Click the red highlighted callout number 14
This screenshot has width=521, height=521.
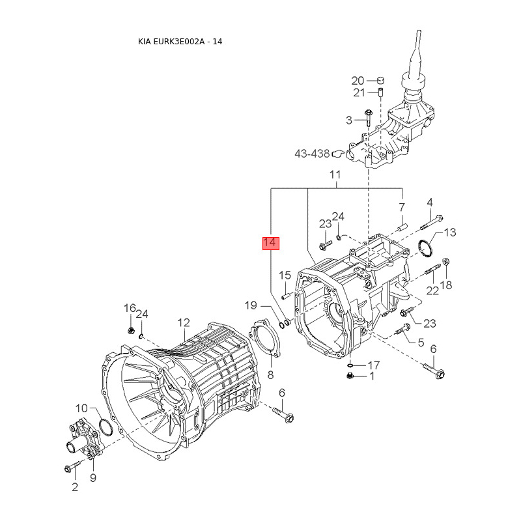(x=271, y=243)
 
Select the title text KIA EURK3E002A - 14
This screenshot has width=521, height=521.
(x=180, y=42)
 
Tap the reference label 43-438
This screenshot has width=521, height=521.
(x=312, y=154)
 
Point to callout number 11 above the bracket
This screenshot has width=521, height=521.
(x=335, y=175)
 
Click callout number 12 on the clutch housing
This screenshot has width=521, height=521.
(x=184, y=322)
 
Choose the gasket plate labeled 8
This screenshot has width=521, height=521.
(x=265, y=337)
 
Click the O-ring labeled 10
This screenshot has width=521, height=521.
(x=106, y=427)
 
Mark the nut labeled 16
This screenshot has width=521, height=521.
(x=131, y=331)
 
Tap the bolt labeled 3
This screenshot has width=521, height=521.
(x=368, y=118)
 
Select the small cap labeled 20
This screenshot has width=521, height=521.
(x=380, y=80)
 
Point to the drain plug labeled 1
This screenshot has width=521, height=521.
(x=349, y=376)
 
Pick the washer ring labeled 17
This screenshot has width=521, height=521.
(x=350, y=365)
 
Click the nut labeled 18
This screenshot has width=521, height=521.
(x=446, y=262)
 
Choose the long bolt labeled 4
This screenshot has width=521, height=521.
(x=432, y=222)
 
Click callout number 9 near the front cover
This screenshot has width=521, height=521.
(x=93, y=478)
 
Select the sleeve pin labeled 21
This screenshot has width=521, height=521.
(x=380, y=91)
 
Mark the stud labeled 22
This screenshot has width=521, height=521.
(x=433, y=269)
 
